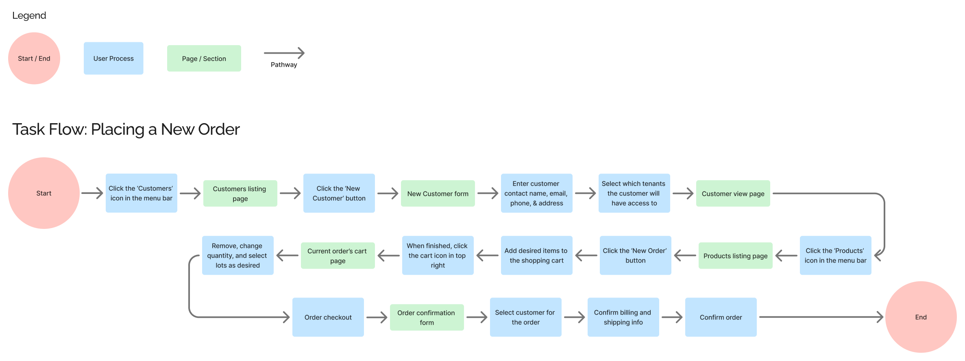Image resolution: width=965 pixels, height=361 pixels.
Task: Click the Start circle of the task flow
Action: pyautogui.click(x=44, y=193)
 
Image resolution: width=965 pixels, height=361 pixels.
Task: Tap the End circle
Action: pyautogui.click(x=921, y=317)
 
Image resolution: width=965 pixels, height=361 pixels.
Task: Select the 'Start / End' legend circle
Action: pyautogui.click(x=34, y=59)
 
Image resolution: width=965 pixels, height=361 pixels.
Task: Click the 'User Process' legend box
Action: pyautogui.click(x=113, y=59)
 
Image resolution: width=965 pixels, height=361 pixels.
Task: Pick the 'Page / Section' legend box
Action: pyautogui.click(x=204, y=59)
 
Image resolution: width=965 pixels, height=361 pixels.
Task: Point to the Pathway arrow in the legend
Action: pyautogui.click(x=284, y=53)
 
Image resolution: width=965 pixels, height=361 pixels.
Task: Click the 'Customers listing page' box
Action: pyautogui.click(x=240, y=194)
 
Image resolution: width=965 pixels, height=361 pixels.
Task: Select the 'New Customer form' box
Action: pyautogui.click(x=438, y=194)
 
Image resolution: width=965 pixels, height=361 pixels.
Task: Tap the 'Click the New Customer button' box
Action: pyautogui.click(x=339, y=193)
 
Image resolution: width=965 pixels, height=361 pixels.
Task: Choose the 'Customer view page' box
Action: pyautogui.click(x=733, y=194)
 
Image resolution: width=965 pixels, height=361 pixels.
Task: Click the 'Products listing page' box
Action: pyautogui.click(x=735, y=256)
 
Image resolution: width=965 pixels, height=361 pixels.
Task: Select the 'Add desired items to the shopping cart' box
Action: pyautogui.click(x=536, y=255)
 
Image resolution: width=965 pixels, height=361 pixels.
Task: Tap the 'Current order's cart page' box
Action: pyautogui.click(x=338, y=256)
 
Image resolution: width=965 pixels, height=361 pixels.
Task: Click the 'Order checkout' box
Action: pyautogui.click(x=328, y=317)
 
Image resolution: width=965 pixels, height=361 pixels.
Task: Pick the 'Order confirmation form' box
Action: pyautogui.click(x=427, y=318)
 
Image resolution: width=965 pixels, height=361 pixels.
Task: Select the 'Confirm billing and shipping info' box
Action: pyautogui.click(x=623, y=317)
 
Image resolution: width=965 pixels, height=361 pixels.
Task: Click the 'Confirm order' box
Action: pyautogui.click(x=721, y=317)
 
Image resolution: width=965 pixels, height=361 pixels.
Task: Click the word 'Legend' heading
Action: pyautogui.click(x=29, y=15)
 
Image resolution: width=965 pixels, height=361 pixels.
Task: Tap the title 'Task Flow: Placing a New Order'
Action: pyautogui.click(x=126, y=129)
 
